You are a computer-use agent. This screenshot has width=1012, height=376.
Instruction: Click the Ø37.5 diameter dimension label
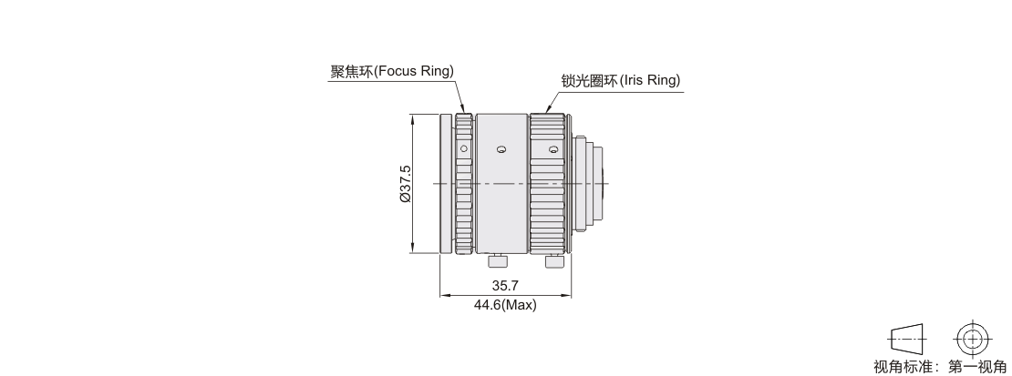[406, 185]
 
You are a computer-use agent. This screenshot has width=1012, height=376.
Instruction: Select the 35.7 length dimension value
[505, 285]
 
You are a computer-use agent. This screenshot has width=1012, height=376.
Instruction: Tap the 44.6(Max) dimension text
[505, 304]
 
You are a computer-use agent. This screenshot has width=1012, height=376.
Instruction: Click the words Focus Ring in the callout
[416, 71]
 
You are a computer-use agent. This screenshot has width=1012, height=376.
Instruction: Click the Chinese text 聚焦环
[353, 71]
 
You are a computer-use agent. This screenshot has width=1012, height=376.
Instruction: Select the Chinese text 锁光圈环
[590, 81]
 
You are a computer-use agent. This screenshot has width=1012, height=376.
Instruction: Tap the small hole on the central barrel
[501, 150]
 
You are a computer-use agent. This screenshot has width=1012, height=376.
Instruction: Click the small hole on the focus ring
[463, 149]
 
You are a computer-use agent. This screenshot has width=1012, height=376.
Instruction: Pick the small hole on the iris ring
[552, 150]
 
